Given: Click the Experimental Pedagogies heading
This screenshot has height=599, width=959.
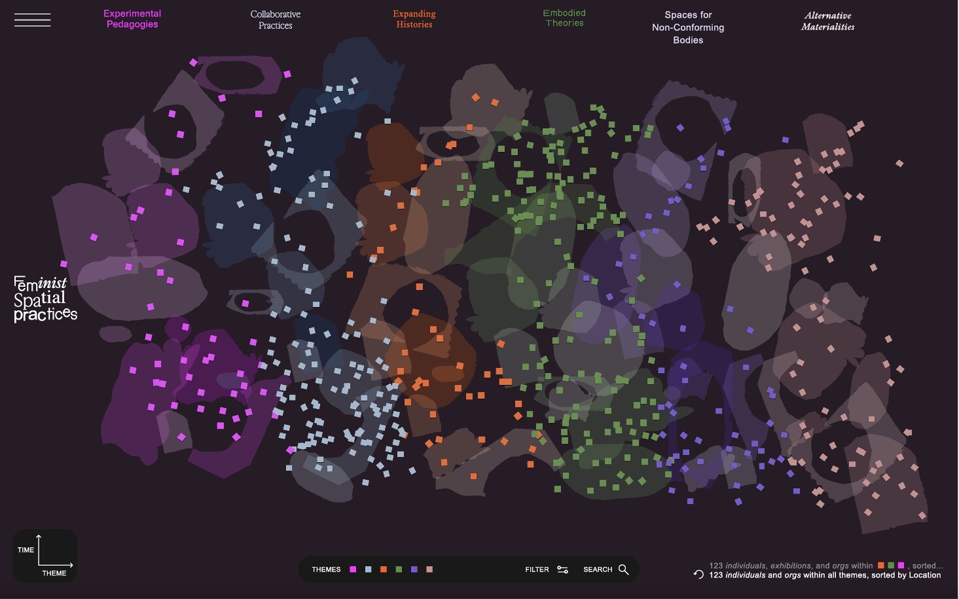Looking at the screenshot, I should click(132, 19).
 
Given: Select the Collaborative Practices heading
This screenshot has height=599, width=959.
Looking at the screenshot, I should click(275, 20).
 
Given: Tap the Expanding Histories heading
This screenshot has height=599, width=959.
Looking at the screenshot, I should click(414, 19).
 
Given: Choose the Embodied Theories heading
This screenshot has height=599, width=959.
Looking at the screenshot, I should click(564, 18).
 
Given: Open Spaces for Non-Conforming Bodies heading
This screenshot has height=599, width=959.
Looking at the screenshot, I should click(688, 27).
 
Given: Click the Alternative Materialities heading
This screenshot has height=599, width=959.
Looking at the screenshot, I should click(827, 21).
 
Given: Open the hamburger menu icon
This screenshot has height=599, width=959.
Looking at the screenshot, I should click(32, 20).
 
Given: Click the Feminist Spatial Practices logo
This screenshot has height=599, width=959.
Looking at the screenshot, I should click(45, 299).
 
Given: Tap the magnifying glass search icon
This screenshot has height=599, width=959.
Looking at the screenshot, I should click(623, 570).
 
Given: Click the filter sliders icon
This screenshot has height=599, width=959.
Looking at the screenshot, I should click(562, 570).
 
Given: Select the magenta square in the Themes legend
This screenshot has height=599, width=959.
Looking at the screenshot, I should click(353, 570).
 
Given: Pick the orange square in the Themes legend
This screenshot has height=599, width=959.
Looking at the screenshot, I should click(384, 570).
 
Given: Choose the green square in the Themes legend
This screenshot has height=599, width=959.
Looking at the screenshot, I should click(399, 570).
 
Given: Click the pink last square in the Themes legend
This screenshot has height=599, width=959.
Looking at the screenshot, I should click(429, 570).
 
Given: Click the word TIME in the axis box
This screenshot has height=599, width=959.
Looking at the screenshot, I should click(26, 550).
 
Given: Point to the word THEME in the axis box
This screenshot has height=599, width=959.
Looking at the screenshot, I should click(54, 573).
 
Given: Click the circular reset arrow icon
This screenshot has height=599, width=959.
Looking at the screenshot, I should click(698, 574).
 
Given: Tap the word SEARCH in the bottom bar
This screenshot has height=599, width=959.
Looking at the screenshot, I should click(598, 570).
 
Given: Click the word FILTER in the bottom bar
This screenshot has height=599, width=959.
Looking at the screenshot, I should click(537, 570).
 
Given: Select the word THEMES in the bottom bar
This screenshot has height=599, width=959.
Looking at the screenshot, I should click(326, 570).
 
